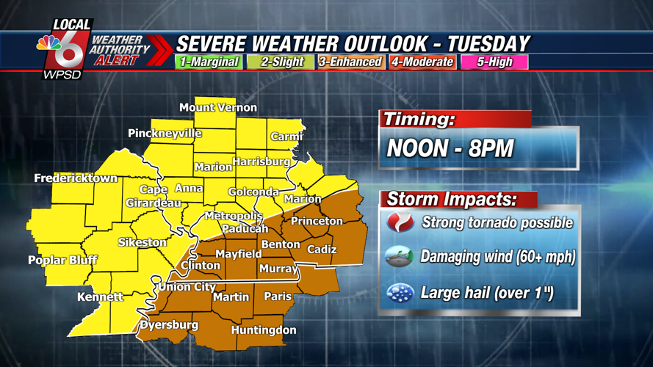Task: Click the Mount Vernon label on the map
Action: pyautogui.click(x=218, y=108)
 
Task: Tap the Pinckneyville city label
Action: pyautogui.click(x=165, y=134)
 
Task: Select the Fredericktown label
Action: pyautogui.click(x=76, y=178)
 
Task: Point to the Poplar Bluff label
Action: pyautogui.click(x=62, y=260)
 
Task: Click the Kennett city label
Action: pyautogui.click(x=100, y=297)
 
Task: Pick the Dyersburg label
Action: pyautogui.click(x=169, y=324)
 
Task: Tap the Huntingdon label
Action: pyautogui.click(x=264, y=330)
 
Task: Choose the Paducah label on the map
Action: pyautogui.click(x=245, y=228)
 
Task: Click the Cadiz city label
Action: pyautogui.click(x=322, y=250)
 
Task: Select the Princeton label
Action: pyautogui.click(x=317, y=221)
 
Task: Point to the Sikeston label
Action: pyautogui.click(x=142, y=242)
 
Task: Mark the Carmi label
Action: pyautogui.click(x=286, y=137)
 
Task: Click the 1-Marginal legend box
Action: pyautogui.click(x=209, y=62)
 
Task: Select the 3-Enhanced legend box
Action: pyautogui.click(x=350, y=62)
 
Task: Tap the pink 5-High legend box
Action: pyautogui.click(x=494, y=62)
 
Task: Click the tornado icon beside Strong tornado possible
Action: pyautogui.click(x=400, y=222)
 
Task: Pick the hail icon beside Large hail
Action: pyautogui.click(x=400, y=294)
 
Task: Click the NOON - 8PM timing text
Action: pyautogui.click(x=450, y=149)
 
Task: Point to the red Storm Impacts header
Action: pyautogui.click(x=451, y=199)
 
